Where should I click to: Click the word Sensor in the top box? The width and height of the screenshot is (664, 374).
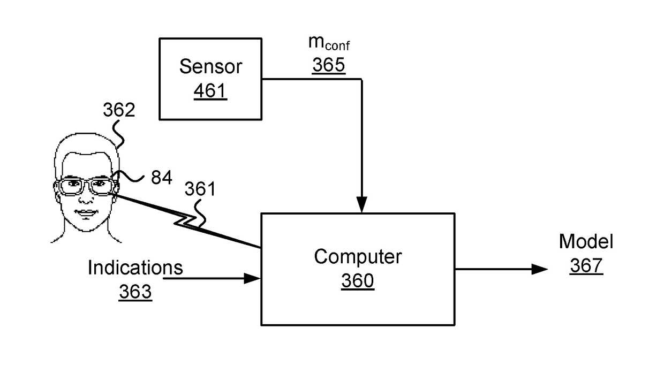210,66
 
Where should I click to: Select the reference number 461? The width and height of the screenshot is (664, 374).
210,90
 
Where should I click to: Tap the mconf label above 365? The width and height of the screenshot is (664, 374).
329,43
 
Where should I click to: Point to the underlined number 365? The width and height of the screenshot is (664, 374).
329,65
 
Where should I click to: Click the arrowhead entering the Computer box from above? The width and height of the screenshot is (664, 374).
361,204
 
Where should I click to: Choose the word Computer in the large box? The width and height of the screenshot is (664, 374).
358,256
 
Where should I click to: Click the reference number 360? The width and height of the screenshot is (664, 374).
358,280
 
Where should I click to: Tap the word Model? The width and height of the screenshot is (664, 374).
586,241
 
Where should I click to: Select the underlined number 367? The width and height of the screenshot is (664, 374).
586,265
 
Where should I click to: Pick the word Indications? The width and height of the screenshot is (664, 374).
135,268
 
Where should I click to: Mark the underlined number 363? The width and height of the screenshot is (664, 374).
135,292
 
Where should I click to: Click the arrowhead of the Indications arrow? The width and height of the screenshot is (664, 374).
252,278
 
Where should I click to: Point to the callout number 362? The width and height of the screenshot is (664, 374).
119,110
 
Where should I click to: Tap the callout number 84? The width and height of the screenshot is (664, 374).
161,178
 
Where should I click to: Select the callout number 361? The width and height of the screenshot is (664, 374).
200,189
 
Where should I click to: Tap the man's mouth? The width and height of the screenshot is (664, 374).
86,212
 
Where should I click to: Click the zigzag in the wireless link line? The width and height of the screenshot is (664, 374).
185,222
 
